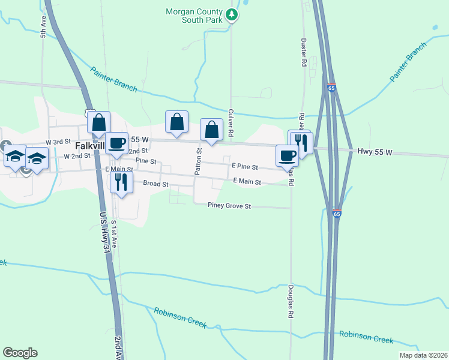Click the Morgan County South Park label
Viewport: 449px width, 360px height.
tap(194, 15)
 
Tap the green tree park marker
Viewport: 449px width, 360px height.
tap(232, 15)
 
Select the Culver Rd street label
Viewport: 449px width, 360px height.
tap(231, 122)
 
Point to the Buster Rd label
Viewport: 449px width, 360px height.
tap(304, 54)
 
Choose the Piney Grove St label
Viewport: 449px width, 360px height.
tap(229, 206)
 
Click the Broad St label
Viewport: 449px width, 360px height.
tap(156, 184)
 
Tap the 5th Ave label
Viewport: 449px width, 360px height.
tap(43, 28)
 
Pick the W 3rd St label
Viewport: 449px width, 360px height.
tap(58, 142)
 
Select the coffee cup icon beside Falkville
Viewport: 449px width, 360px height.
tap(117, 143)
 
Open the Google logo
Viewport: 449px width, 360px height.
tap(20, 353)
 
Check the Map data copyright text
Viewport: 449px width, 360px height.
tap(423, 355)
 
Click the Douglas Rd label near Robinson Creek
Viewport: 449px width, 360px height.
tap(291, 301)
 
